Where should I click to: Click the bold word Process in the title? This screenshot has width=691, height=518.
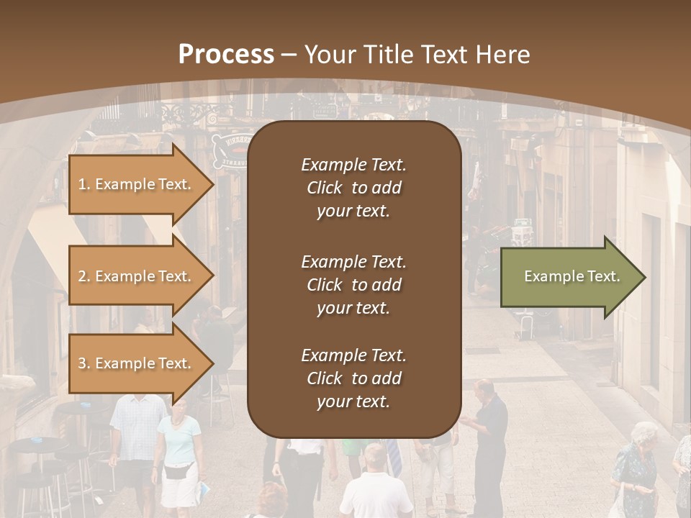pyautogui.click(x=226, y=55)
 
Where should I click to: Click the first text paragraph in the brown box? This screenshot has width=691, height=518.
pyautogui.click(x=353, y=188)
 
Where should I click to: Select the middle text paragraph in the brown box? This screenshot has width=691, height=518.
pyautogui.click(x=353, y=285)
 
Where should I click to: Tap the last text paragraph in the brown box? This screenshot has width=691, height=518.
pyautogui.click(x=353, y=378)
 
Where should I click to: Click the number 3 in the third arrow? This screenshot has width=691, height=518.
pyautogui.click(x=82, y=363)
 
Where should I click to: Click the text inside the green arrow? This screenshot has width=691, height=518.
pyautogui.click(x=572, y=277)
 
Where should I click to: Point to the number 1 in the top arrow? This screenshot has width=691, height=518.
pyautogui.click(x=82, y=184)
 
